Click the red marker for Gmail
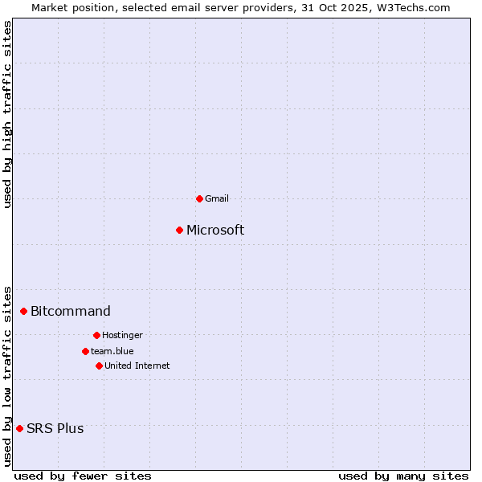(199, 198)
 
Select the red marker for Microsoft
(180, 231)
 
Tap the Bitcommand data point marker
(24, 312)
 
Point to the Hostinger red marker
(96, 335)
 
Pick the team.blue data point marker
(85, 351)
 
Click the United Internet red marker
(99, 366)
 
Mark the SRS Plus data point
(20, 428)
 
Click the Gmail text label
(217, 198)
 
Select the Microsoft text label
(215, 231)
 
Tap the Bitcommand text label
(71, 312)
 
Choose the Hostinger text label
(122, 335)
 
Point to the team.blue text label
(112, 351)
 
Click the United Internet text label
(137, 366)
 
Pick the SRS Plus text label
(55, 428)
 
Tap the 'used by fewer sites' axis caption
(83, 476)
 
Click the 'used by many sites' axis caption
(403, 476)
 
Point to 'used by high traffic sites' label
(7, 114)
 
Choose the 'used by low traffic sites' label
(7, 376)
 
